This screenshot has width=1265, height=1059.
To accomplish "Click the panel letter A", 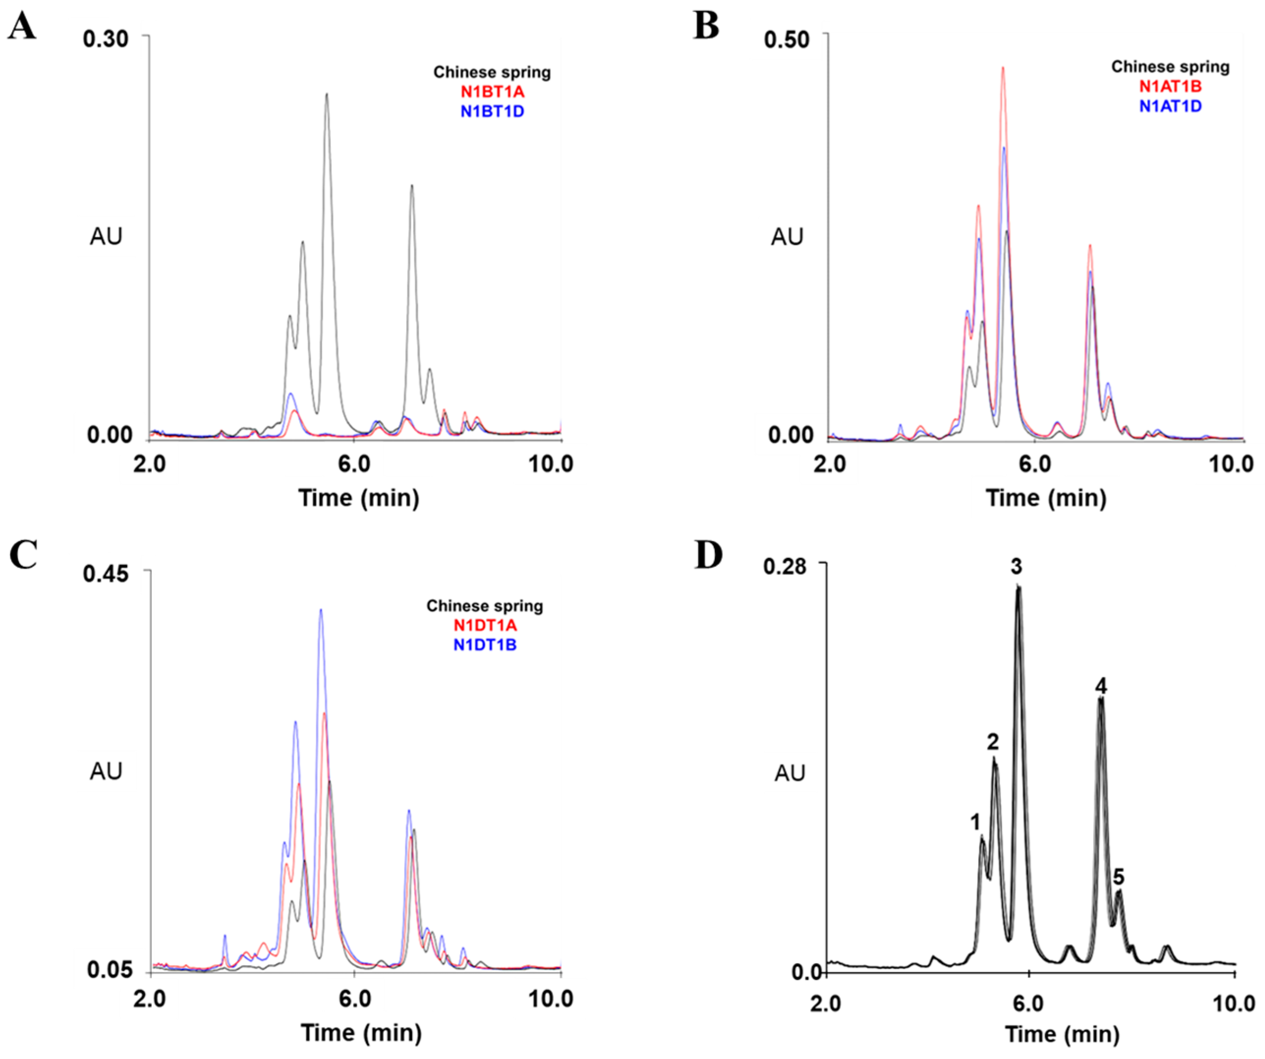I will point(22,27).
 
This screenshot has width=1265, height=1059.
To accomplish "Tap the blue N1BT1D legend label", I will point(492,111).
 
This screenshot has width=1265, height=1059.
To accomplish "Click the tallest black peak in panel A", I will point(327,95).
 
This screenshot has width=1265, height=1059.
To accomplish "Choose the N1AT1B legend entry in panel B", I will point(1170,86).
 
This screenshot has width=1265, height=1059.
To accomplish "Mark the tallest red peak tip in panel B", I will point(1003,68).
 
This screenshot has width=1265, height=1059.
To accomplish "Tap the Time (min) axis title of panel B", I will point(1046,498).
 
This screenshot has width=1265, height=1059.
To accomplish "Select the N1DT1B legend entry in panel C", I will point(485,644).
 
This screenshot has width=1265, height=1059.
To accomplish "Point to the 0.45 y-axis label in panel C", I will point(106,574).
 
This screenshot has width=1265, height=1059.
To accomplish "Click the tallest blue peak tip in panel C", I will point(321,610).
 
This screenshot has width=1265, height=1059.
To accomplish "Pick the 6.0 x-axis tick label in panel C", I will point(355,999).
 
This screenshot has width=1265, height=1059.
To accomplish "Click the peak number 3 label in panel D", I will point(1016,567).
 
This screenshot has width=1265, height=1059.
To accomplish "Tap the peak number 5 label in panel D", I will point(1119,876).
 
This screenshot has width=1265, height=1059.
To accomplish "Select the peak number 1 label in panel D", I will point(976,822).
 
